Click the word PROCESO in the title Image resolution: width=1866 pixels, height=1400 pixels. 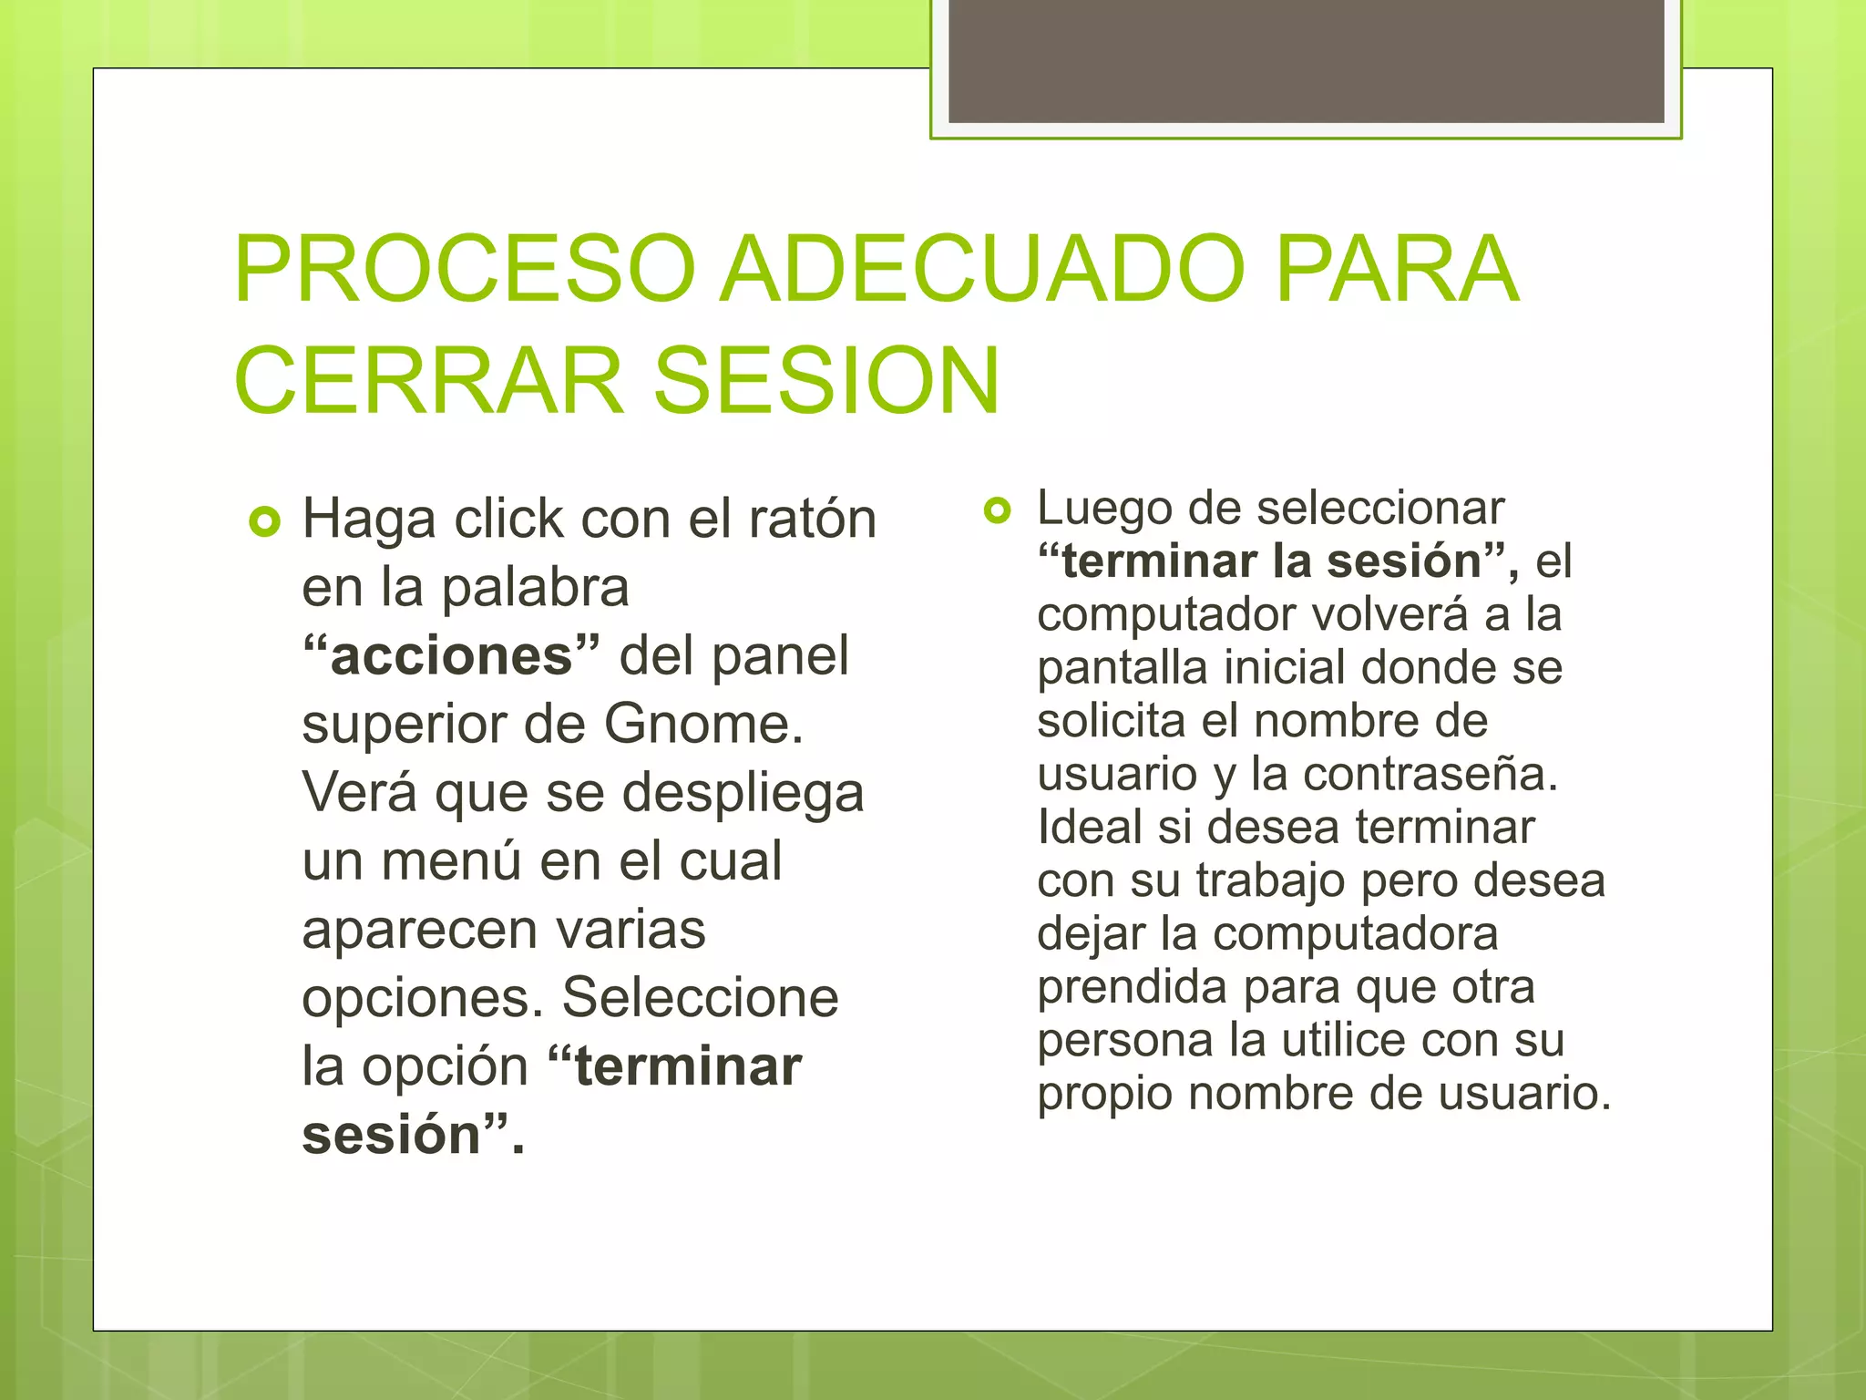[x=465, y=270]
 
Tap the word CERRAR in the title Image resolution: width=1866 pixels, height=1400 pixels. [x=428, y=381]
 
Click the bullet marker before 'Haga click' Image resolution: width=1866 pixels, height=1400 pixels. [x=264, y=522]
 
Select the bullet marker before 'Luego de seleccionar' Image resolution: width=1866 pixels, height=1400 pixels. [x=998, y=510]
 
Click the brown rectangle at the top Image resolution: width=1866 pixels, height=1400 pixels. [x=1306, y=61]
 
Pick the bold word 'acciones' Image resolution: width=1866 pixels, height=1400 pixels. [x=451, y=655]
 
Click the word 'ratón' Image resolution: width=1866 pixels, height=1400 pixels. [x=813, y=520]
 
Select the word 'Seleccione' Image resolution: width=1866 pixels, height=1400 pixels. [x=700, y=998]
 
